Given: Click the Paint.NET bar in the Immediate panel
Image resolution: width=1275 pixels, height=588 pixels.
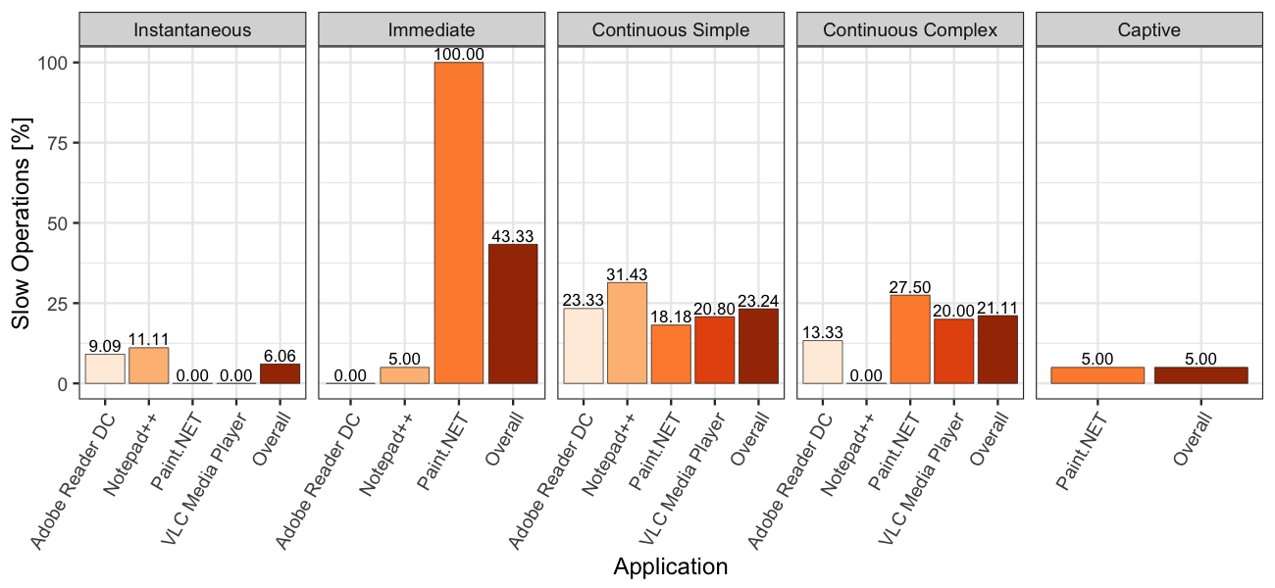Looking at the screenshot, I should (x=459, y=222).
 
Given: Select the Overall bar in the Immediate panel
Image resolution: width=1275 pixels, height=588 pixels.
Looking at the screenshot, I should (x=513, y=314).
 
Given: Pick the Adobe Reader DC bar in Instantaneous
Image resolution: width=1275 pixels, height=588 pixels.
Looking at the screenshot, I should (x=105, y=368).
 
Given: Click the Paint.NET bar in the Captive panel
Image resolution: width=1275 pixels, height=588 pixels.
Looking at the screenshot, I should (x=1097, y=375).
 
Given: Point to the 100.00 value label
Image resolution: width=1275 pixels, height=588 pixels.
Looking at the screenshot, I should (x=459, y=54).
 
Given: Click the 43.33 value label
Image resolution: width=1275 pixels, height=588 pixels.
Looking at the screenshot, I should (x=513, y=236).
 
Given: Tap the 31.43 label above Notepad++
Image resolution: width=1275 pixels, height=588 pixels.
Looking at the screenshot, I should (x=628, y=274).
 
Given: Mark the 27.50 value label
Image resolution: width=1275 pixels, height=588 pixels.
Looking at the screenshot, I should (x=908, y=287).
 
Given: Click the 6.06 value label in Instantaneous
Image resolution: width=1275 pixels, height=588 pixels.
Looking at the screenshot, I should (x=280, y=356).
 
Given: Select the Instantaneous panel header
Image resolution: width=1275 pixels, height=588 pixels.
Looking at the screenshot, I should (x=192, y=29).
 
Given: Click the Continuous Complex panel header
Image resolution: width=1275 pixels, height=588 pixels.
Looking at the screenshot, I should (x=910, y=29).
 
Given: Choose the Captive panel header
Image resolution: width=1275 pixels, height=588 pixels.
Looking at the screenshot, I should (x=1149, y=29).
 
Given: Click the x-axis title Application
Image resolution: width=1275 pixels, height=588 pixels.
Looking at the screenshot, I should (x=671, y=566).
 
